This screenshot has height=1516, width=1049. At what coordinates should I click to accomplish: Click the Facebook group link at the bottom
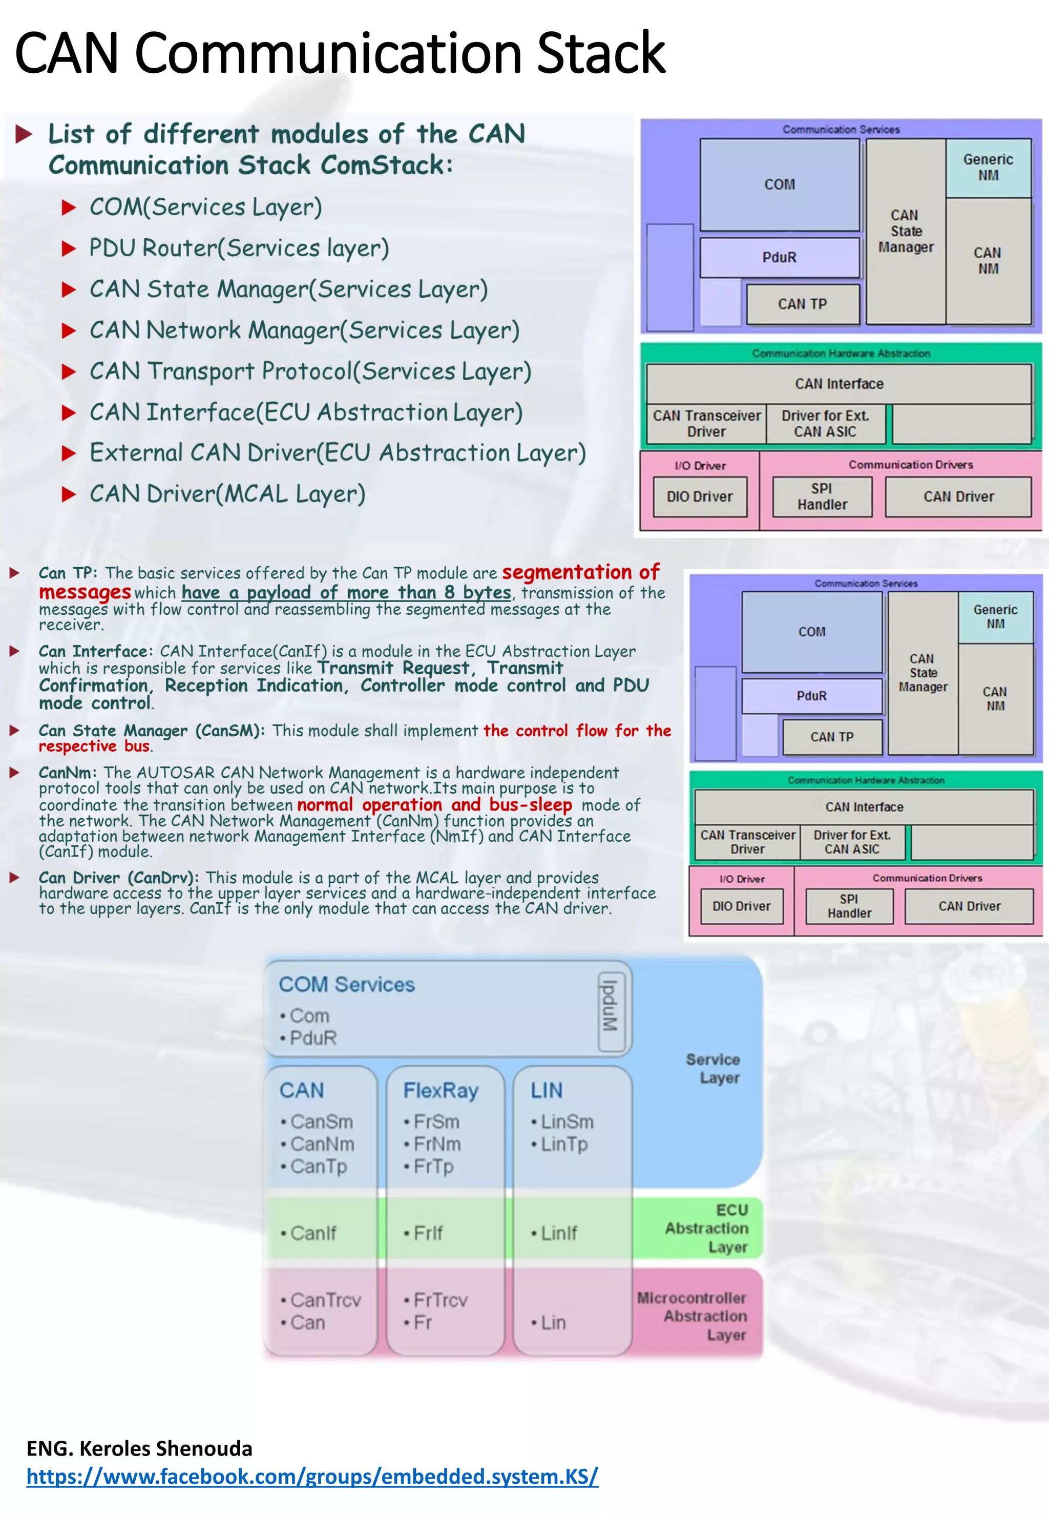coord(312,1476)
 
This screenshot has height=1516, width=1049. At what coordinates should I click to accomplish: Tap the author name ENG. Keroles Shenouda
coord(139,1448)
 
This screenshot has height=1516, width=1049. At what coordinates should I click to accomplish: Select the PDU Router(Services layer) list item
coord(239,248)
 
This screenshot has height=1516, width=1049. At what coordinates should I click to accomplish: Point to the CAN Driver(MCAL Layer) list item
coord(227,494)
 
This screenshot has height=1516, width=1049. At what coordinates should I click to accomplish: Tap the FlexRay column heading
coord(440,1091)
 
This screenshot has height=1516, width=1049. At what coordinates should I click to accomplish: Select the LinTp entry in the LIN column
coord(564,1144)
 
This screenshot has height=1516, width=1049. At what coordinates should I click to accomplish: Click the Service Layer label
coord(715,1068)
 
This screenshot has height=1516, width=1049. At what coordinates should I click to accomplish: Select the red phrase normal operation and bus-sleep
coord(434,805)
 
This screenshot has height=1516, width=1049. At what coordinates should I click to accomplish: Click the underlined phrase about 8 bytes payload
coord(346,592)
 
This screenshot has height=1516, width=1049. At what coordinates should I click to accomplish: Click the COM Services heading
coord(346,984)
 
